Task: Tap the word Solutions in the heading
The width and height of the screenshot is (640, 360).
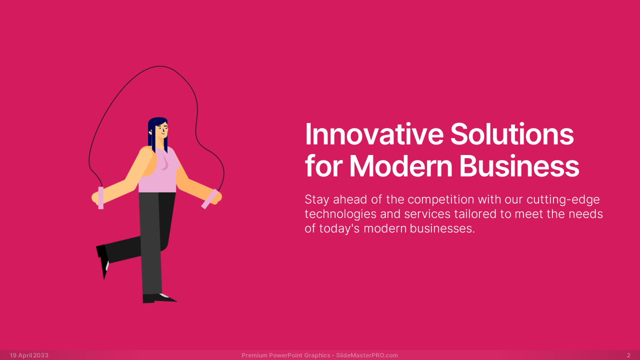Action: (512, 134)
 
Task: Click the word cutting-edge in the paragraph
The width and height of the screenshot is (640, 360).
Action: (563, 199)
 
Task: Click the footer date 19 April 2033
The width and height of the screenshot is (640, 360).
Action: (29, 355)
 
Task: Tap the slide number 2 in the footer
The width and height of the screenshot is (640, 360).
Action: (628, 355)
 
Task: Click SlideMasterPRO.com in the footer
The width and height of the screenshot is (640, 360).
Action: (367, 355)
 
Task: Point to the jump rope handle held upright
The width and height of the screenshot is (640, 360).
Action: (101, 197)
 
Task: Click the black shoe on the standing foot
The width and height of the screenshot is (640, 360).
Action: (158, 298)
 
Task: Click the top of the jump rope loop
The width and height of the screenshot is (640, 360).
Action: (159, 66)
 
